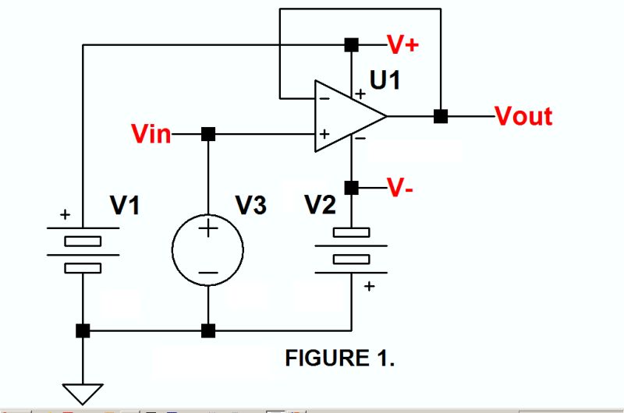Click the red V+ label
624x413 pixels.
point(402,44)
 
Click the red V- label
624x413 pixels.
point(402,188)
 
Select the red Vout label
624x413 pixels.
point(523,116)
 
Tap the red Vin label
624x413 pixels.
point(151,134)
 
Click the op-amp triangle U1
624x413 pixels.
point(347,116)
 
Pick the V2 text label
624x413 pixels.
point(321,206)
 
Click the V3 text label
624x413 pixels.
point(250,206)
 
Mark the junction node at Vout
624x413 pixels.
point(441,116)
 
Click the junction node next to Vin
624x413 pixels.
point(208,134)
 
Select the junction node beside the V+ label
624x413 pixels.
point(352,44)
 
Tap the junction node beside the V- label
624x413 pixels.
point(352,188)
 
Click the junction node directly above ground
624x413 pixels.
point(82,331)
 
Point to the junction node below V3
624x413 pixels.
point(208,331)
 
